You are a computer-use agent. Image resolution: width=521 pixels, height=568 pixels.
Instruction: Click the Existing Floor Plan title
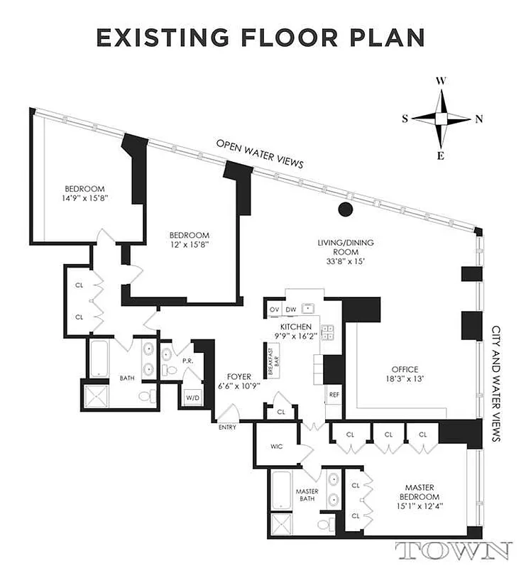(260, 38)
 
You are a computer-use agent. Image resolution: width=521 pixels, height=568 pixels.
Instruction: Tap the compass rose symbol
(441, 119)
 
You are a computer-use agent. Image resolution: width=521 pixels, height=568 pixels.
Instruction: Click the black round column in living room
(345, 209)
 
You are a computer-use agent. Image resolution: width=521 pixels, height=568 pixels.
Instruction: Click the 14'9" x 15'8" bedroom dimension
(84, 198)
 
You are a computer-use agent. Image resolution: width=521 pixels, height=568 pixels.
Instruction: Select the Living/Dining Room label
(345, 251)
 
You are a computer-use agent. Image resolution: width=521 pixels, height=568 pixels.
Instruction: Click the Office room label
(405, 373)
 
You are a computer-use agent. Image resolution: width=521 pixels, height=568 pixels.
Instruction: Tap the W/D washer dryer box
(192, 397)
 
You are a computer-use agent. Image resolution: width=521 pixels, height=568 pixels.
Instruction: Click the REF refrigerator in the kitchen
(333, 393)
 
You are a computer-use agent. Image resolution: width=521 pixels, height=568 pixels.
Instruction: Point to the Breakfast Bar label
(271, 356)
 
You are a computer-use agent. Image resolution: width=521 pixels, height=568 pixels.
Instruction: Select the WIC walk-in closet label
(277, 447)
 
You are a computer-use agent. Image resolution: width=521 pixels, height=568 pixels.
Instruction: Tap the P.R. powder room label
(188, 361)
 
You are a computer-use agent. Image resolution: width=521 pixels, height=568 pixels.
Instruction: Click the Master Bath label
(307, 496)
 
